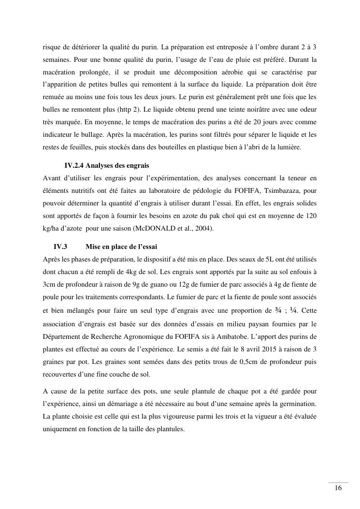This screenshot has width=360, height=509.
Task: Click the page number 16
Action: pyautogui.click(x=338, y=488)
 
